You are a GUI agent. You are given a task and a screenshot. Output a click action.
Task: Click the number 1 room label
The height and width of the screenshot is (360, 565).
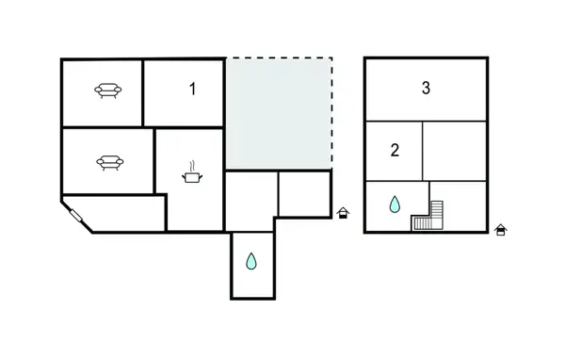tap(192, 90)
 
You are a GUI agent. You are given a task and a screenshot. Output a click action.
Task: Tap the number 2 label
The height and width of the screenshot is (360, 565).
tap(395, 149)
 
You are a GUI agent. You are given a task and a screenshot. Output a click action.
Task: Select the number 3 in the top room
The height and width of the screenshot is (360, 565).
tap(426, 89)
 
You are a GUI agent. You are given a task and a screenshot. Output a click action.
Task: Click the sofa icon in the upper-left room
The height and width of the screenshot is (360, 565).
tap(107, 90)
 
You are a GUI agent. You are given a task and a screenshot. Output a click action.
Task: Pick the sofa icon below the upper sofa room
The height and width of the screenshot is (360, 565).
tap(107, 161)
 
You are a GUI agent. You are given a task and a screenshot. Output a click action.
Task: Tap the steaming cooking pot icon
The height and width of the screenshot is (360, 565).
tap(192, 173)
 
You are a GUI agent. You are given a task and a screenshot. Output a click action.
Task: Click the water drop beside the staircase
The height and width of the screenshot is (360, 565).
tap(394, 204)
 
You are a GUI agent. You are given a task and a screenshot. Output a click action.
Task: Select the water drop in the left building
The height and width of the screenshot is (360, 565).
tap(251, 261)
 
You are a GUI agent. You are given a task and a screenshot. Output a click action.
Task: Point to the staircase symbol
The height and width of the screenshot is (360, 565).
tap(428, 217)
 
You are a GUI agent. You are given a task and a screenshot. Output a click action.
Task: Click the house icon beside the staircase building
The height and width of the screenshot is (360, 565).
tap(501, 229)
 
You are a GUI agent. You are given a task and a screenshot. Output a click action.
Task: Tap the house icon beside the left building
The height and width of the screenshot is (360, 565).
tap(343, 212)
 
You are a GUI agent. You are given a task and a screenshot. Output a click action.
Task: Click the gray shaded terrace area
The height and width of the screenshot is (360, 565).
tap(279, 113)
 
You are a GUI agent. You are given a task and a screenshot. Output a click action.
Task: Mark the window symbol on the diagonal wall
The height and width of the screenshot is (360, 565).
tap(75, 216)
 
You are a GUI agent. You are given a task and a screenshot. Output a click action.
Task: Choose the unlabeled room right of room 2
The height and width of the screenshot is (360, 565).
tap(454, 150)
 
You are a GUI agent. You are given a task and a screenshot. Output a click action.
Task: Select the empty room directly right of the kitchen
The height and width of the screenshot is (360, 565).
tap(250, 200)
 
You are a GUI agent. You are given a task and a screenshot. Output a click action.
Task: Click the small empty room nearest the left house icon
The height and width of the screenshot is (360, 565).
tap(304, 192)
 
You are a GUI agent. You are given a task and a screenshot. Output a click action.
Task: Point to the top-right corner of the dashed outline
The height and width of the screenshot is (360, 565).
tap(331, 59)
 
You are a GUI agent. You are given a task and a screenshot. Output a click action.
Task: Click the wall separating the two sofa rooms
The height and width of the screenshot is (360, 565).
tap(104, 127)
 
